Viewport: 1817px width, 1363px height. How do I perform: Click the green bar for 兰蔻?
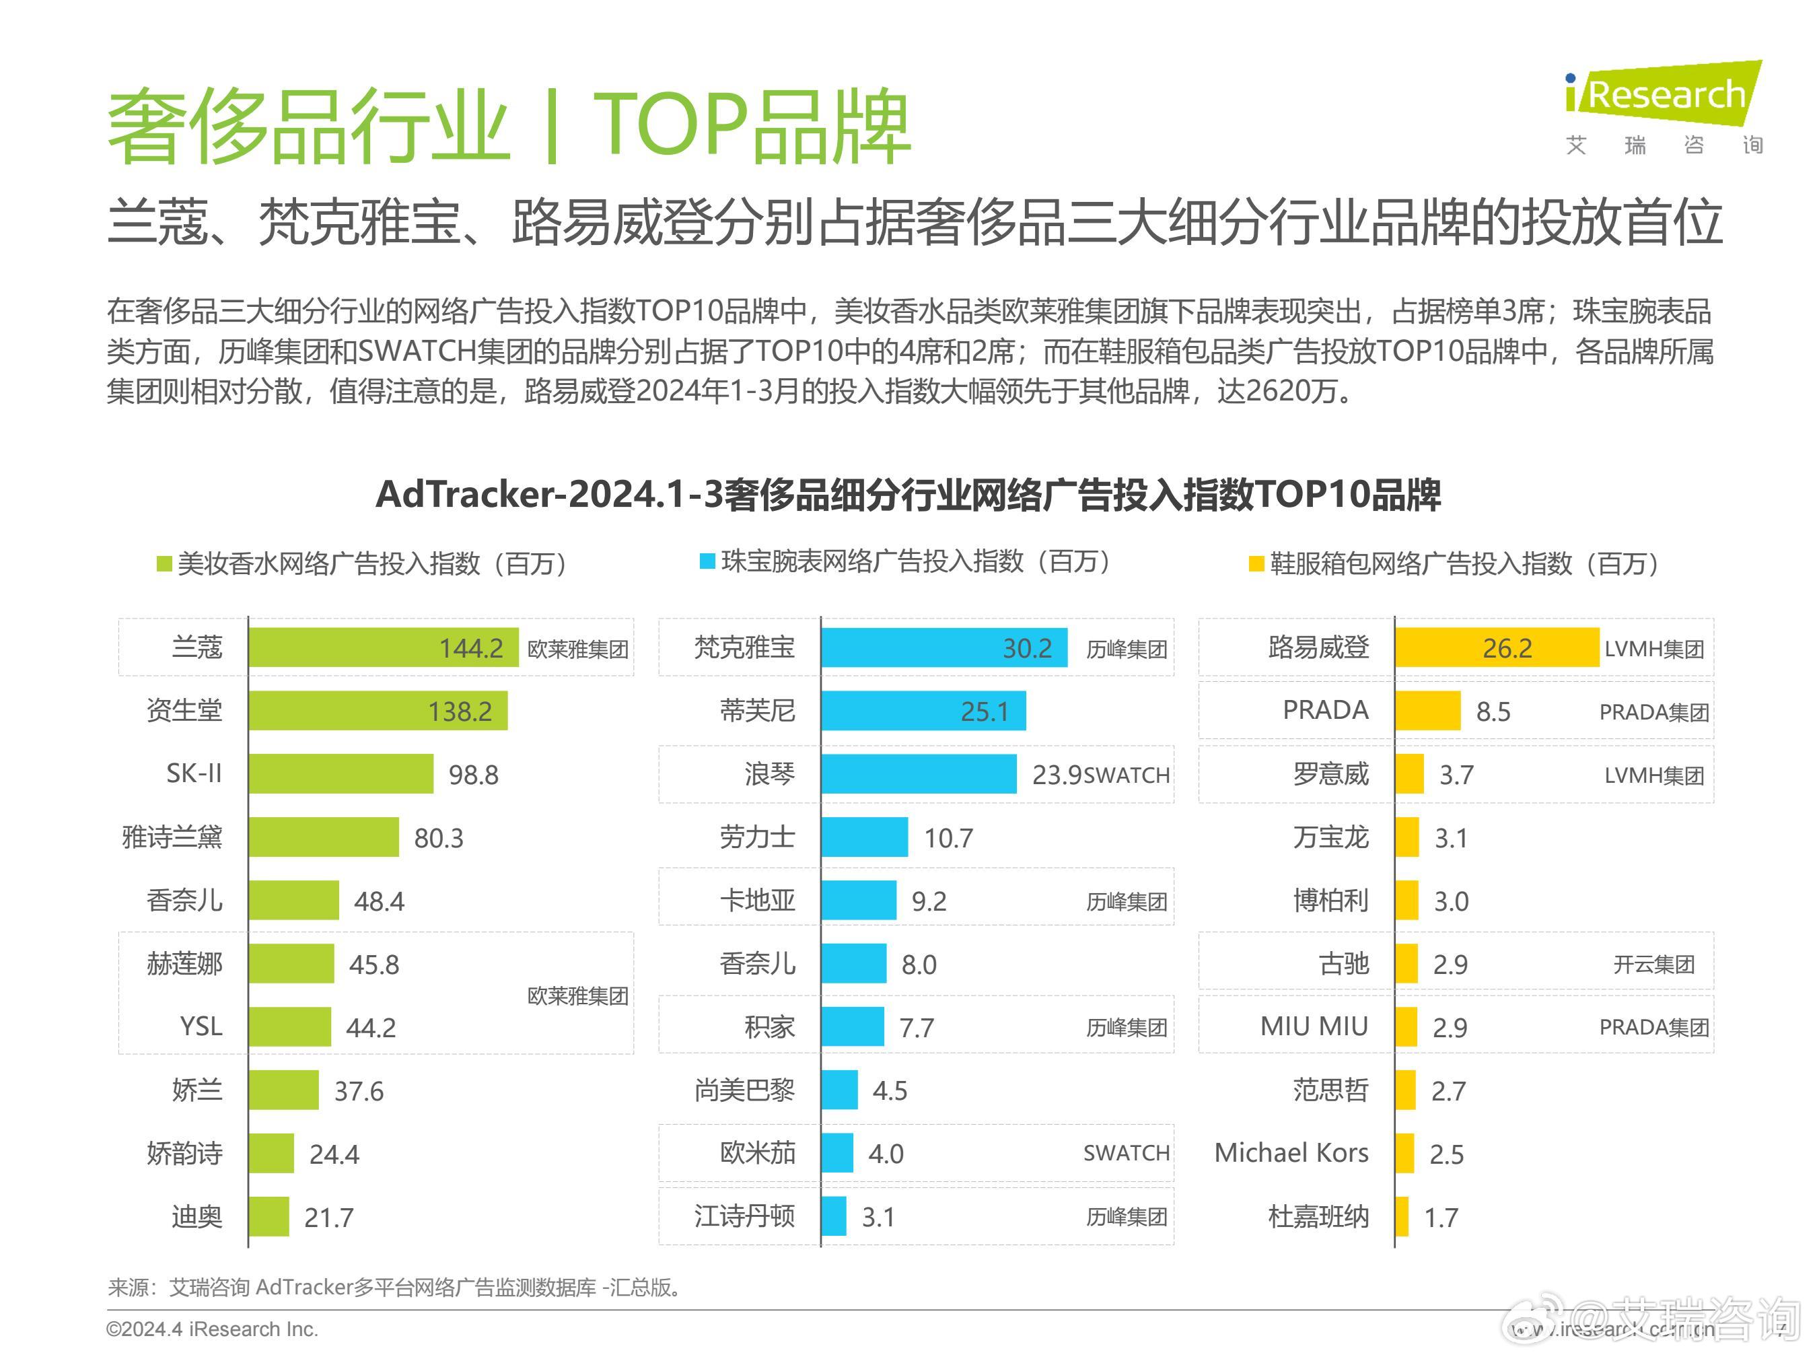click(x=384, y=648)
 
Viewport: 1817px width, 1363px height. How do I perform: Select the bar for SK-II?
click(x=341, y=774)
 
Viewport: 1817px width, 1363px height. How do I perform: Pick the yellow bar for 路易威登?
click(x=1497, y=648)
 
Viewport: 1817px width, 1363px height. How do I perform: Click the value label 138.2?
click(x=460, y=711)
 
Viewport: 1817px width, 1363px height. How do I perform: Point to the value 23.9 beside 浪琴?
click(x=1057, y=775)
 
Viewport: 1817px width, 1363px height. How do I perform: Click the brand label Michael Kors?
click(x=1291, y=1153)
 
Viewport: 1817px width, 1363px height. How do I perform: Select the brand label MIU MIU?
click(x=1314, y=1027)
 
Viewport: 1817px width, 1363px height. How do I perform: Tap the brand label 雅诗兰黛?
click(x=172, y=837)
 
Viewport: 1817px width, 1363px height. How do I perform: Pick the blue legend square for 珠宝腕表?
click(x=707, y=561)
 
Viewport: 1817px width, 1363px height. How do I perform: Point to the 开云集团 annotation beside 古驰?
click(x=1654, y=965)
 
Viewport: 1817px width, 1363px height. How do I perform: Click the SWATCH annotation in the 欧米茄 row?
click(x=1126, y=1154)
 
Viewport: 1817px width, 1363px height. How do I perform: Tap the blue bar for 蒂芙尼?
click(x=924, y=711)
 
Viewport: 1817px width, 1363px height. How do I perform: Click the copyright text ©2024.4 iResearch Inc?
click(x=212, y=1329)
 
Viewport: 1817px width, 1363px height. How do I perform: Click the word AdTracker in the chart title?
click(x=463, y=495)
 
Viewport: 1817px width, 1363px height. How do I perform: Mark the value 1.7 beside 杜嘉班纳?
click(x=1441, y=1218)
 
